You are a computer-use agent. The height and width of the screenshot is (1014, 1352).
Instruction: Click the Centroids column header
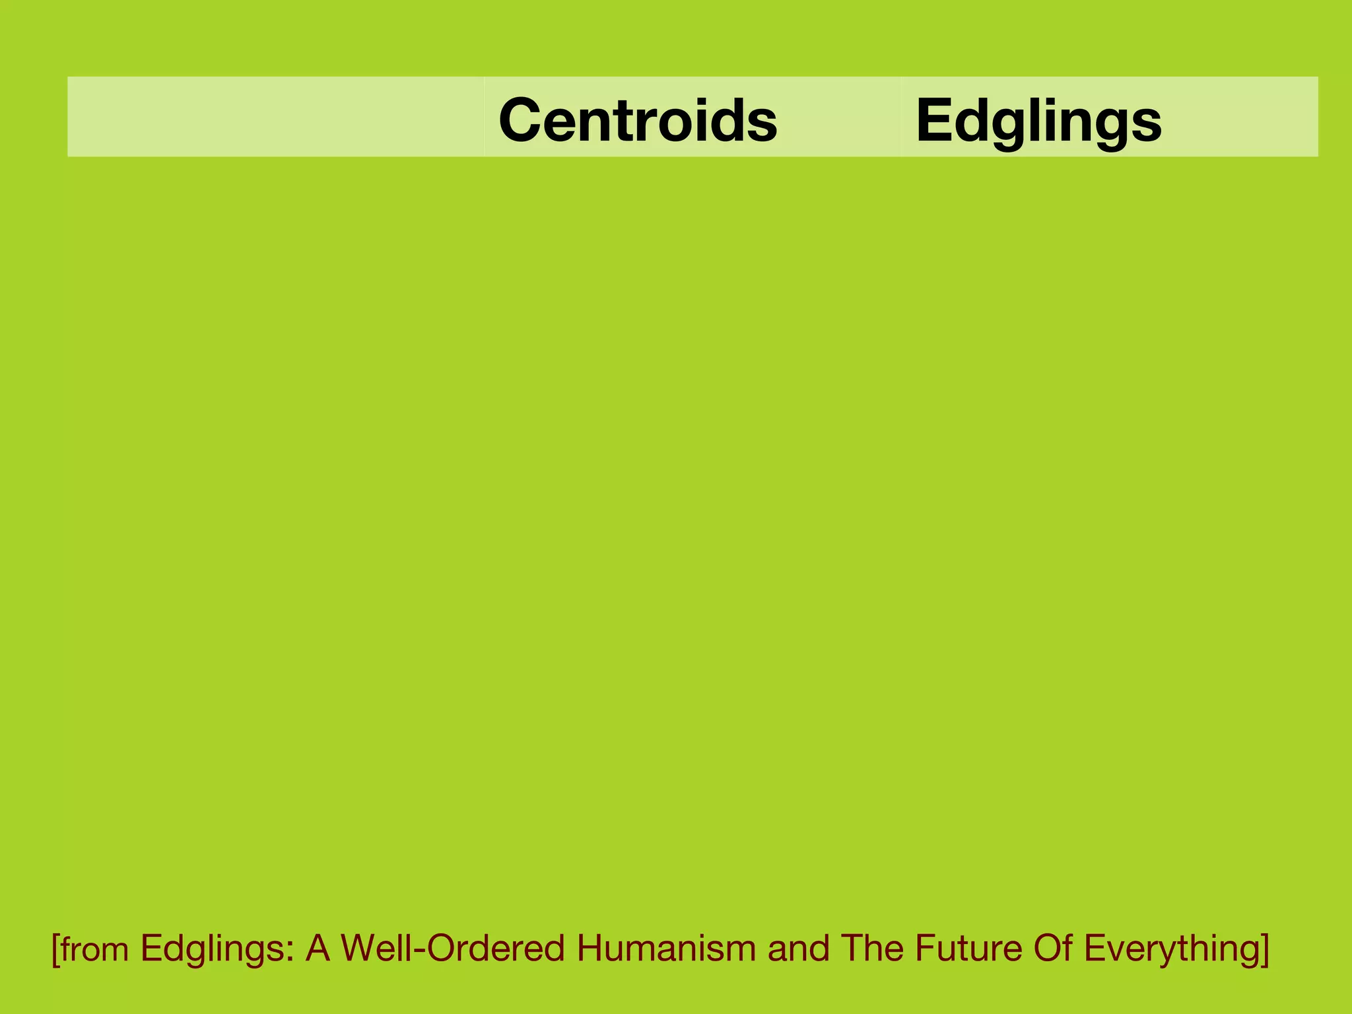point(638,119)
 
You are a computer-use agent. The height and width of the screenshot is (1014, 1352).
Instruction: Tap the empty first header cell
point(275,117)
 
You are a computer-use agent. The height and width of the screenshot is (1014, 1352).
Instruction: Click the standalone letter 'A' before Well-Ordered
point(318,948)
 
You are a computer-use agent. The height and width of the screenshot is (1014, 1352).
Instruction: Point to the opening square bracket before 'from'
point(55,949)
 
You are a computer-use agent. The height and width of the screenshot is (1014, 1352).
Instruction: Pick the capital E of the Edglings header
point(931,119)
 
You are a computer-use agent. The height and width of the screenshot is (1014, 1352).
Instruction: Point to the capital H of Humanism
point(590,948)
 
